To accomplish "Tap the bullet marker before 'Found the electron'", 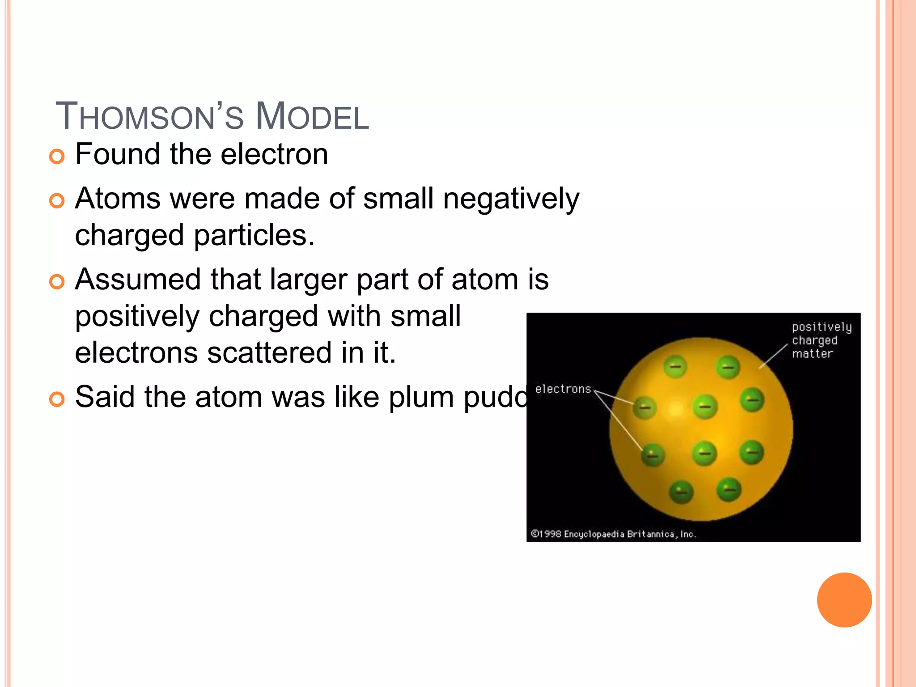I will (57, 157).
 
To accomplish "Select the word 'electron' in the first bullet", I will (274, 154).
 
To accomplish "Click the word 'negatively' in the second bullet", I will (511, 199).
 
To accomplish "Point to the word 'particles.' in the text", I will (254, 236).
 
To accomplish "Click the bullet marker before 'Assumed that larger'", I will (57, 282).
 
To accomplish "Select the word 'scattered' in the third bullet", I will (270, 353).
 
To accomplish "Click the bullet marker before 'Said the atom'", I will (57, 399).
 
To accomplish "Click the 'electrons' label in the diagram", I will (563, 389).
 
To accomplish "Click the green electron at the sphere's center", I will (705, 407).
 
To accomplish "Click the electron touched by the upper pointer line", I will (645, 407).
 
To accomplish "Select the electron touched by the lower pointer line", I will (653, 455).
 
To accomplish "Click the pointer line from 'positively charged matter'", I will (773, 356).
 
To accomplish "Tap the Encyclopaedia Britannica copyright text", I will (613, 534).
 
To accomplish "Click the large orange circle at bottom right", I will (844, 600).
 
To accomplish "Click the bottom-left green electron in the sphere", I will (681, 492).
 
